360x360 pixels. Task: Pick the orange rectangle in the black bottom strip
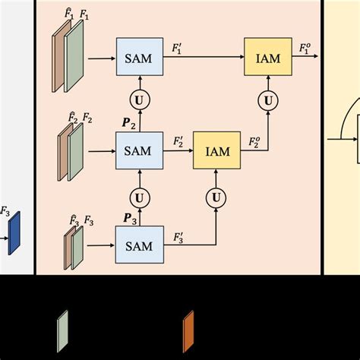click(x=188, y=331)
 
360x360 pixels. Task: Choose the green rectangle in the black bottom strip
click(x=62, y=331)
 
